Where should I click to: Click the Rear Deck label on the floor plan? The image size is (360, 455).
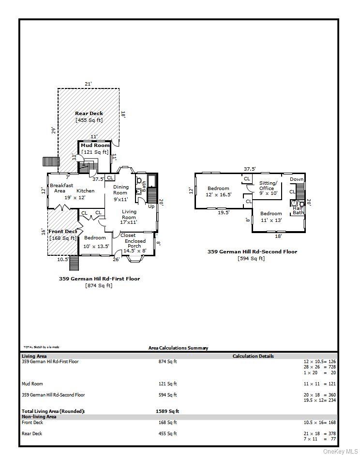pyautogui.click(x=89, y=114)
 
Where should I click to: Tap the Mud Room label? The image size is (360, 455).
pyautogui.click(x=95, y=145)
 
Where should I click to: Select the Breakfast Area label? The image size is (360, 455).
pyautogui.click(x=61, y=188)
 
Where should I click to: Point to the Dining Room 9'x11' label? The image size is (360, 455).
pyautogui.click(x=121, y=192)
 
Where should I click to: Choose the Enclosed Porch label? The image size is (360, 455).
pyautogui.click(x=135, y=243)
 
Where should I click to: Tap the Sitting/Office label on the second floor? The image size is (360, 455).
pyautogui.click(x=268, y=186)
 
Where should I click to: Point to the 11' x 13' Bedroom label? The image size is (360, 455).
pyautogui.click(x=270, y=217)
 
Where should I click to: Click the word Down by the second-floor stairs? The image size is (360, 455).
pyautogui.click(x=297, y=179)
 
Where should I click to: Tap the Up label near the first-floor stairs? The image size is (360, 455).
pyautogui.click(x=151, y=206)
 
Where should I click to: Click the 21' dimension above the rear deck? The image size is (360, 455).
pyautogui.click(x=88, y=84)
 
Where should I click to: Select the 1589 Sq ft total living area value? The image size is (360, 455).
pyautogui.click(x=167, y=411)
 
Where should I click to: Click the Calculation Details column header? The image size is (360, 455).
pyautogui.click(x=253, y=356)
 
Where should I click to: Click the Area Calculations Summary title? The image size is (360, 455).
pyautogui.click(x=178, y=348)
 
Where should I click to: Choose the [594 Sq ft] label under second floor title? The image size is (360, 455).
pyautogui.click(x=251, y=259)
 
